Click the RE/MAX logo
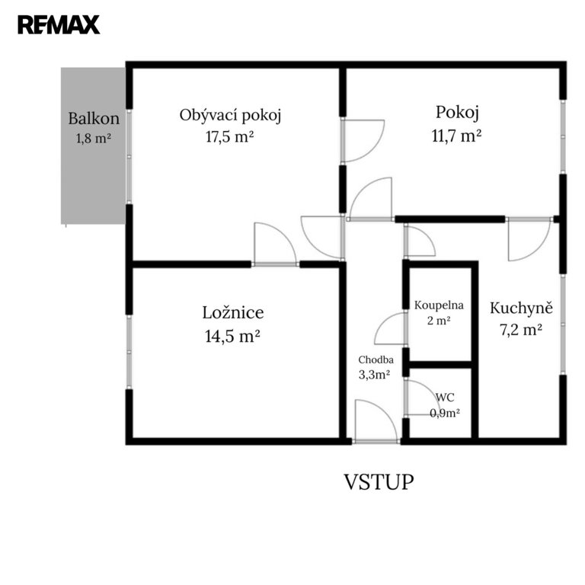pyautogui.click(x=59, y=24)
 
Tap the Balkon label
pyautogui.click(x=94, y=119)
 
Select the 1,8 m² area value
pyautogui.click(x=94, y=139)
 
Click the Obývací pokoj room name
pyautogui.click(x=230, y=115)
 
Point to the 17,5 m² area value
pyautogui.click(x=230, y=136)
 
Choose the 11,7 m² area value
pyautogui.click(x=456, y=136)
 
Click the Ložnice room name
pyautogui.click(x=233, y=312)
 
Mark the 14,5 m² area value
pyautogui.click(x=232, y=336)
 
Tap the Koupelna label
pyautogui.click(x=439, y=305)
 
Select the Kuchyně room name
pyautogui.click(x=521, y=308)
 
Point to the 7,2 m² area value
pyautogui.click(x=521, y=330)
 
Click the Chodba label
pyautogui.click(x=376, y=360)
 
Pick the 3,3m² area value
pyautogui.click(x=375, y=374)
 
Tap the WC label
pyautogui.click(x=445, y=398)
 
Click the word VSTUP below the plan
pyautogui.click(x=379, y=481)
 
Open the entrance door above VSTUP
pyautogui.click(x=376, y=421)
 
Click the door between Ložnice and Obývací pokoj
pyautogui.click(x=275, y=244)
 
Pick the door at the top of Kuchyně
pyautogui.click(x=529, y=238)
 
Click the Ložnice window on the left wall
pyautogui.click(x=129, y=352)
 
